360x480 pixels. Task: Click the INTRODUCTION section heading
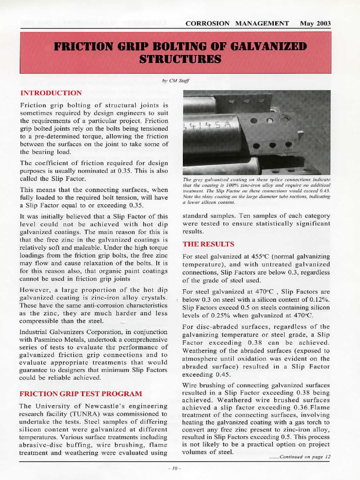coord(51,93)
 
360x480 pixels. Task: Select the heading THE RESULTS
coord(208,244)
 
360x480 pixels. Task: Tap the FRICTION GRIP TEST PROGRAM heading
coord(81,393)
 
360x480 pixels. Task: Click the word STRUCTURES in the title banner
coord(180,59)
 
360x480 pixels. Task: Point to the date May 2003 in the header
coord(315,23)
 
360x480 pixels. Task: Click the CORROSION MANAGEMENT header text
coord(237,23)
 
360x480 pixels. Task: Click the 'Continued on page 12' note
coord(300,457)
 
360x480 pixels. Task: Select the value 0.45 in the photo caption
coord(323,191)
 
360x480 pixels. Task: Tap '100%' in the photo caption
coord(226,186)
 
